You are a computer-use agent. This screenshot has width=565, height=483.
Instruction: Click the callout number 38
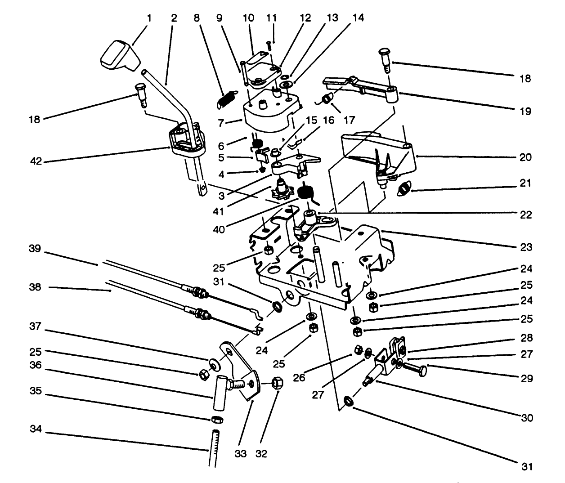click(35, 286)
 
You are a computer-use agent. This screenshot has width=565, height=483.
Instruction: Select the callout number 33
click(241, 454)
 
